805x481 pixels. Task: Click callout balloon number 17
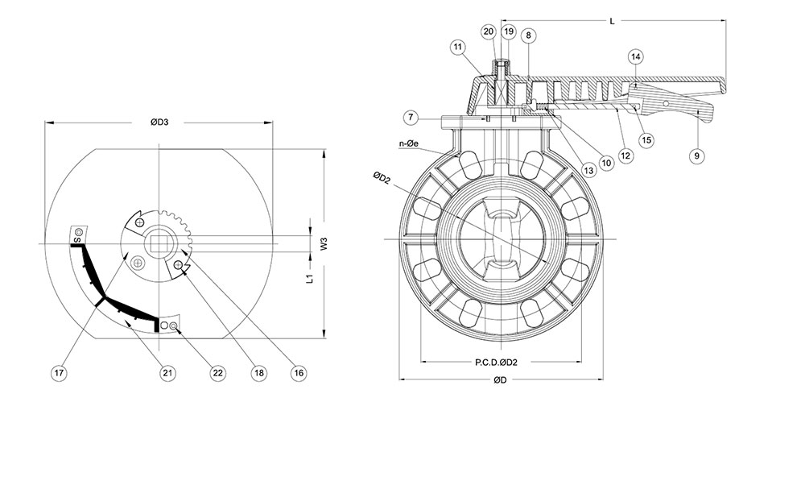click(58, 373)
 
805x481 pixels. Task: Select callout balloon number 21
click(167, 373)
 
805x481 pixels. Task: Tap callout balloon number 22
click(217, 373)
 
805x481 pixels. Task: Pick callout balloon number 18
click(258, 373)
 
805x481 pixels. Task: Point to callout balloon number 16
click(299, 373)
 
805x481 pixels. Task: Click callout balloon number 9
click(697, 155)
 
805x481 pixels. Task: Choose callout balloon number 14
click(636, 56)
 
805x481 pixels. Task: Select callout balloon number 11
click(458, 48)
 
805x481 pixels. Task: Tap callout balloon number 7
click(411, 118)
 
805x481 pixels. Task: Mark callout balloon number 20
click(489, 31)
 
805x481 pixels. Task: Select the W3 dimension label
click(322, 244)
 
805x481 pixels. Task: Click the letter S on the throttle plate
click(77, 240)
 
